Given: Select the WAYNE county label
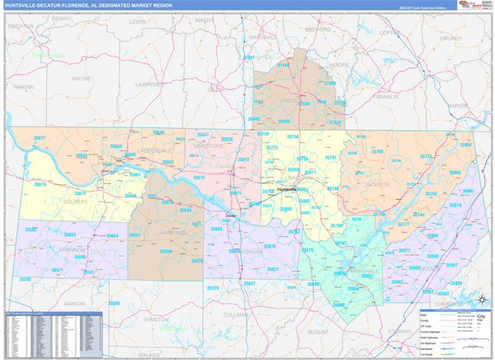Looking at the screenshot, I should [82, 78].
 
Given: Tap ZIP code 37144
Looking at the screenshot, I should [284, 64].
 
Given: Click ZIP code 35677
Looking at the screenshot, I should [39, 138].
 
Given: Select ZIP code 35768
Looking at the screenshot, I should [376, 152].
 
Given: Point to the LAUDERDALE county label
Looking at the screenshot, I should [154, 151].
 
